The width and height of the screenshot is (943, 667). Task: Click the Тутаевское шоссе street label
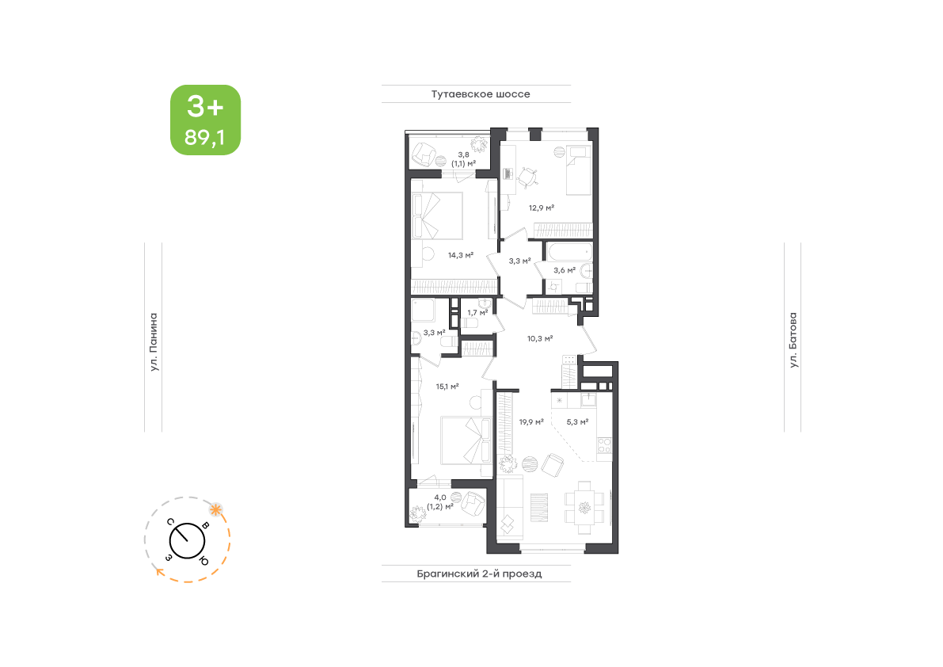coord(481,93)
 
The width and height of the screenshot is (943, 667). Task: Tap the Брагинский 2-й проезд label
coord(479,574)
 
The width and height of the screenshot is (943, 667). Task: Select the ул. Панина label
coord(154,341)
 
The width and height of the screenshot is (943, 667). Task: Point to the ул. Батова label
coord(793,340)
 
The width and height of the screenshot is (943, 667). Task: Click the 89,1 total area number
coord(205,138)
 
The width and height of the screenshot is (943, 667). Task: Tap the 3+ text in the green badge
coord(205,107)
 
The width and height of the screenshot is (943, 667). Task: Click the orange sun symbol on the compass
coord(215,510)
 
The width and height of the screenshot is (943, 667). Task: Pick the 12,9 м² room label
coord(542,208)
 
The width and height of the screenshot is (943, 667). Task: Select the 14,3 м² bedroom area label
coord(461,255)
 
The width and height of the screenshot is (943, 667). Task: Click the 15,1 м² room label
coord(447,387)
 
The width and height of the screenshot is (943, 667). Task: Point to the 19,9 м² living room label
coord(531,422)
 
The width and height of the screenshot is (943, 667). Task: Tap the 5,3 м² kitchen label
coord(577,422)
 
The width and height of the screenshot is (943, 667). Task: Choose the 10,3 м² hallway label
coord(540,338)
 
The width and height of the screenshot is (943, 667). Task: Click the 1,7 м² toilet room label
coord(477,313)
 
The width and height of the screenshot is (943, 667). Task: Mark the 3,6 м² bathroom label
coord(565,271)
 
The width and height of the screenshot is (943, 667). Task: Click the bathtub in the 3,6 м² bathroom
coord(569,251)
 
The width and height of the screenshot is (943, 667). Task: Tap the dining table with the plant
coord(584,508)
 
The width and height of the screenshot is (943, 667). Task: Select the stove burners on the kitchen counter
coord(604,446)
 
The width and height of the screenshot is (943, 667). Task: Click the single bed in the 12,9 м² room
coord(579,170)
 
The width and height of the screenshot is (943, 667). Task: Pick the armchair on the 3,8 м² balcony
coord(424,154)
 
